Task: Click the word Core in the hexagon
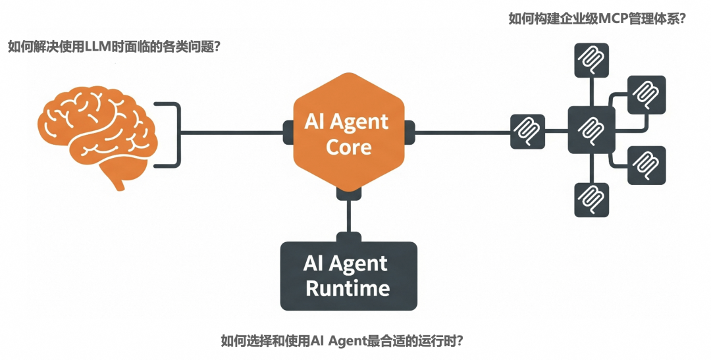(x=348, y=147)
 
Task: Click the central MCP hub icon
(x=591, y=129)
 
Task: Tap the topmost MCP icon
(x=591, y=61)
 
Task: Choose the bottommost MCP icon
(x=591, y=199)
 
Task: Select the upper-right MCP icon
(x=646, y=95)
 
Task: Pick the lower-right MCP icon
(x=646, y=165)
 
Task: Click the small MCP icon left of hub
(x=528, y=131)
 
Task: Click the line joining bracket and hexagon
(x=230, y=132)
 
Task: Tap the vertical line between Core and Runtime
(x=348, y=216)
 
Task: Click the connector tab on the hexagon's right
(x=409, y=132)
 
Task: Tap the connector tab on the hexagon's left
(x=288, y=132)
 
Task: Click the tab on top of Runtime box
(x=348, y=238)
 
